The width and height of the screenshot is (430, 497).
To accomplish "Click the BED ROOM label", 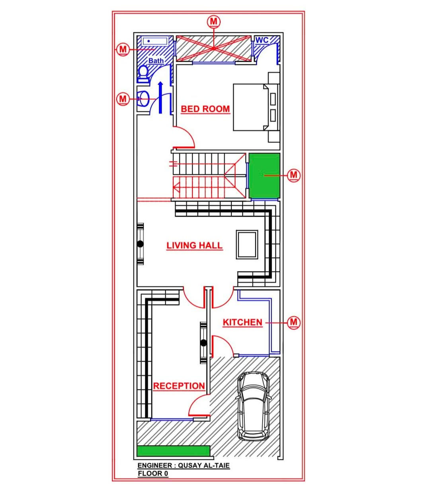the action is click(205, 109).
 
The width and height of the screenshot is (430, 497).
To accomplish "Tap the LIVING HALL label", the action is click(194, 245).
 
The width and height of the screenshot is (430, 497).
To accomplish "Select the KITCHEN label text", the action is click(242, 323).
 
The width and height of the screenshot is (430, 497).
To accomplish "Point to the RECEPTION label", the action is click(179, 386).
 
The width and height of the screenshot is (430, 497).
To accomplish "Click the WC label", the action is click(262, 40).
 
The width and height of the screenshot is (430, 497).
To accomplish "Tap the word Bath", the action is click(156, 61).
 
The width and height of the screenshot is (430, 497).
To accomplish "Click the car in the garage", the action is click(253, 407).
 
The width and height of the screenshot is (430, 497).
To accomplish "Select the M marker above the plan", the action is click(214, 22).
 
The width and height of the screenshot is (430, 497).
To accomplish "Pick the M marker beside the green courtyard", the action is click(294, 175).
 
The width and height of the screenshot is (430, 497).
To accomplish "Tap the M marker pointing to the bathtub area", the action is click(123, 50).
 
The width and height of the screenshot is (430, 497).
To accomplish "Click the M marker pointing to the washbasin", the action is click(123, 99).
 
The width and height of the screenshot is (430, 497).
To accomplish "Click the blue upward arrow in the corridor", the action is click(160, 98).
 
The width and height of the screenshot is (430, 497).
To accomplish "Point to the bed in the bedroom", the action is click(256, 107).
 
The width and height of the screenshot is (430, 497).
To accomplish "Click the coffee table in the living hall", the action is click(247, 245).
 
